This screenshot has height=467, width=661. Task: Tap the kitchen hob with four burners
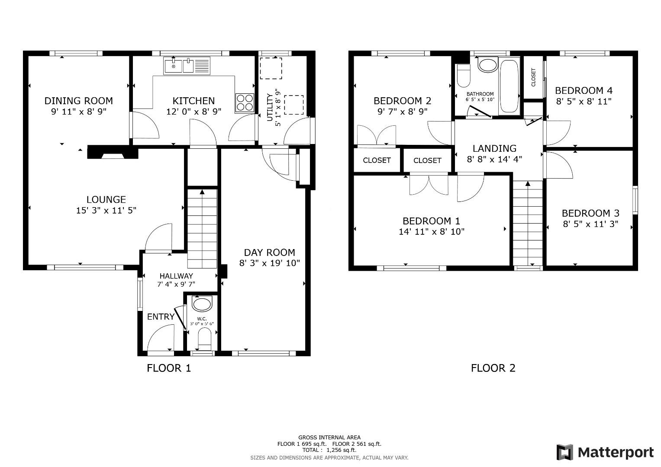[245, 103]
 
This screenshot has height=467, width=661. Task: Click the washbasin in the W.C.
[202, 304]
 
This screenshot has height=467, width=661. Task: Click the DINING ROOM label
[78, 101]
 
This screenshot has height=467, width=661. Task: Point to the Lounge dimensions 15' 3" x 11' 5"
[106, 211]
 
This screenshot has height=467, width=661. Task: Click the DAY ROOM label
[269, 253]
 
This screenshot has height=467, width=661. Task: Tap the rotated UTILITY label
[270, 108]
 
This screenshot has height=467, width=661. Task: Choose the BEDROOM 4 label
[584, 90]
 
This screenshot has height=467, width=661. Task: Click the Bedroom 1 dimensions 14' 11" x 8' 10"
[431, 232]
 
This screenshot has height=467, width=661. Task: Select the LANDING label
[494, 149]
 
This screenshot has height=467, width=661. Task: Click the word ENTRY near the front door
[161, 317]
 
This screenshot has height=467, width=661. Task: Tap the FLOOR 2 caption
[493, 368]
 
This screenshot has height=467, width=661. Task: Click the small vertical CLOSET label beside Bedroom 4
[533, 77]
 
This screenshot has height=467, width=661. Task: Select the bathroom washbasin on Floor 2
[488, 66]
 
